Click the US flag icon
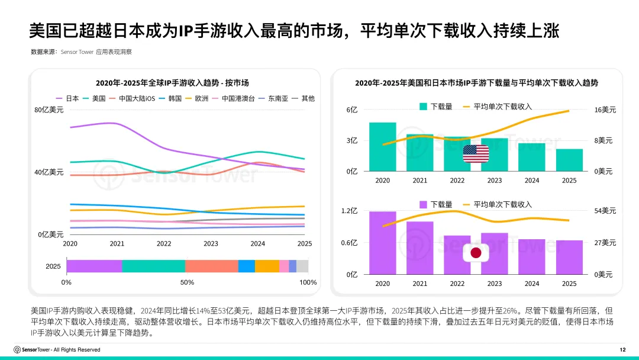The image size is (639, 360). pos(476,154)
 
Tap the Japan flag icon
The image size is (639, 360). pos(476,253)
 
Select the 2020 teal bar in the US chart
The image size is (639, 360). pos(382,147)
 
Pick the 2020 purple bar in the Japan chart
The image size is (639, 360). pos(382,243)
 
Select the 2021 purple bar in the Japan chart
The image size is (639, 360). pos(419,247)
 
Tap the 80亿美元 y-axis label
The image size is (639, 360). pos(49,110)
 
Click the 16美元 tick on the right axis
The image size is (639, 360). pos(605,110)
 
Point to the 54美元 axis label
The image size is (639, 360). pos(605,211)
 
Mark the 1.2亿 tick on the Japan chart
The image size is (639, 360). pos(350,211)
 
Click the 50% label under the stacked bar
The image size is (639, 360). pos(187,282)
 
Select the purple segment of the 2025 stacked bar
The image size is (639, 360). pos(94,266)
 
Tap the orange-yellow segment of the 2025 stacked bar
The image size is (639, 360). pos(267,266)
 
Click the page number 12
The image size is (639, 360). pos(622,350)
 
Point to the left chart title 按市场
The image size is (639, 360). pos(172,83)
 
